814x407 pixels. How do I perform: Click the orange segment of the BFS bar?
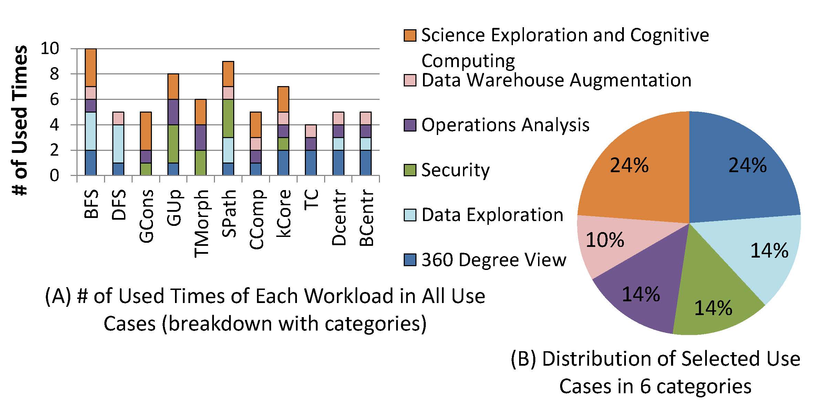tap(91, 67)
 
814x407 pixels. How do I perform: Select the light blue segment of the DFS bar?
tap(118, 144)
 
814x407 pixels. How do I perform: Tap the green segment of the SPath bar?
tap(228, 118)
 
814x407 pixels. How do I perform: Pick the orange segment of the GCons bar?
tap(146, 131)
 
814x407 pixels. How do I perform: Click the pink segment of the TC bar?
tap(311, 131)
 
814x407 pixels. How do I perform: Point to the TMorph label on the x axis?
tap(201, 223)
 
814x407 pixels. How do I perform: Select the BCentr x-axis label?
tap(366, 218)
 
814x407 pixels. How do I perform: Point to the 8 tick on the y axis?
tap(54, 74)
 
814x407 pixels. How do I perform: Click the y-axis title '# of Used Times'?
tap(20, 121)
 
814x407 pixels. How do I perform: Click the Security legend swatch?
tap(410, 170)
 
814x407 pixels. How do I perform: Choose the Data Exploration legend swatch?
tap(410, 215)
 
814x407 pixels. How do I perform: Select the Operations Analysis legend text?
tap(505, 125)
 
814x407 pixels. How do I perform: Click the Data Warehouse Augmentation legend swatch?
tap(410, 80)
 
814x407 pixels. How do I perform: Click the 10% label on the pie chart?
tap(605, 240)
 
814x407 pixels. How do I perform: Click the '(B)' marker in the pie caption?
tap(523, 359)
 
